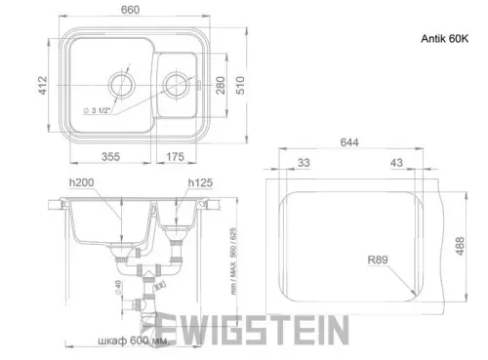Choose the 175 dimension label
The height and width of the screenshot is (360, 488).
[176, 156]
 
